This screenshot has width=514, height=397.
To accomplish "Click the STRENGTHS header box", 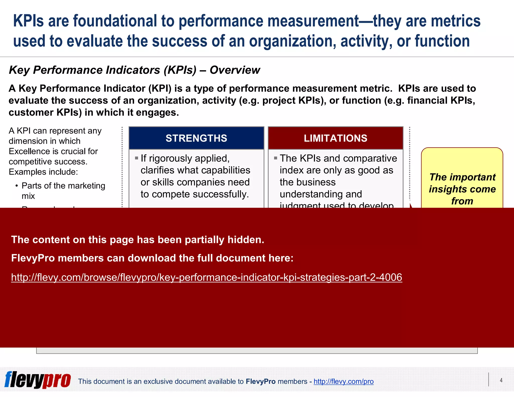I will point(196,138).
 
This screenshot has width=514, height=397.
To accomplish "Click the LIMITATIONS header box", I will point(336,138).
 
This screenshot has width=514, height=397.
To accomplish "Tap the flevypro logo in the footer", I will point(38,380).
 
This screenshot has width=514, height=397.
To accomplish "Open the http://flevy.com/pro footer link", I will point(343,381).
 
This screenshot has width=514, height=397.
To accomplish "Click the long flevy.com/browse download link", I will point(207,277).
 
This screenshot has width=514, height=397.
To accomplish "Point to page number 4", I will point(501,380).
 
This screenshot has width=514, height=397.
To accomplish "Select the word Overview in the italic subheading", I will point(235,70).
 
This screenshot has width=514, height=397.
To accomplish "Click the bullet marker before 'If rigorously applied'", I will point(137,158).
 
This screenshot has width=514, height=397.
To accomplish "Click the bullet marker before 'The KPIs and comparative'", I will point(276,158).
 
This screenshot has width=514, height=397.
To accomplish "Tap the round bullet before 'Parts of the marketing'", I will point(17,186).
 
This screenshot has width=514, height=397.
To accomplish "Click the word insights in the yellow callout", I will point(444,189).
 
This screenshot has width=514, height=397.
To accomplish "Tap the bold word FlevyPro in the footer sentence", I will point(261,381).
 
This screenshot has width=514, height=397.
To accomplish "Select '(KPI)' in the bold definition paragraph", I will point(160,89).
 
